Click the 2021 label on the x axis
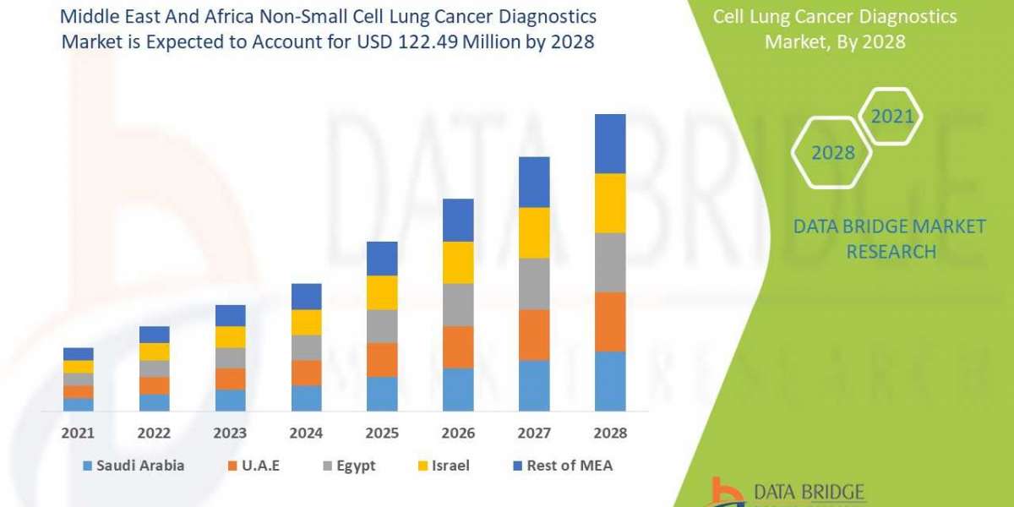[x=78, y=433]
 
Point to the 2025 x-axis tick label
[x=382, y=433]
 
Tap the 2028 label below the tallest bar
[x=610, y=433]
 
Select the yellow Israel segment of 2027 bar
[x=534, y=232]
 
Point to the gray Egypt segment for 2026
[x=458, y=304]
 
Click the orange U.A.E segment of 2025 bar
[x=382, y=359]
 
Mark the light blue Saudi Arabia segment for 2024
[x=306, y=398]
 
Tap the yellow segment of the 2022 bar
[x=154, y=352]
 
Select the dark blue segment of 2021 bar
[x=78, y=353]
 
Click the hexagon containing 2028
[x=831, y=152]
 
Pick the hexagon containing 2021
[x=892, y=117]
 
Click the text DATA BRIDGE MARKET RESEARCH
[x=890, y=238]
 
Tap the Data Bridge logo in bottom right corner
[x=786, y=492]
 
